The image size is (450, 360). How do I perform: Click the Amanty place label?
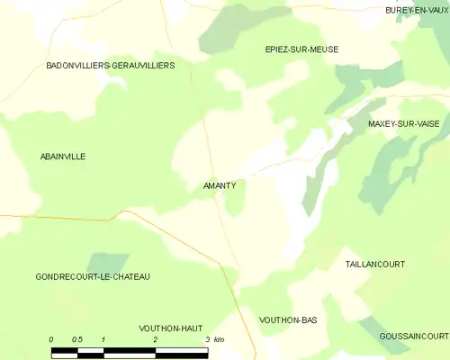[220, 186]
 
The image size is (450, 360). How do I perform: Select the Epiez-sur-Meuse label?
[301, 49]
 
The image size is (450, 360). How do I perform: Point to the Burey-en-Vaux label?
[417, 10]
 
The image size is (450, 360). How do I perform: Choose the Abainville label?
[63, 157]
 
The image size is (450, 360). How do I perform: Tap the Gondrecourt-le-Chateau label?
[93, 276]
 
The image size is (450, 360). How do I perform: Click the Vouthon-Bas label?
[288, 319]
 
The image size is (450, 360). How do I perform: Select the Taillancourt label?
[375, 265]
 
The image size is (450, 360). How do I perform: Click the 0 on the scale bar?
[52, 339]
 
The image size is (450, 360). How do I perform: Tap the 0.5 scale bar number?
[77, 339]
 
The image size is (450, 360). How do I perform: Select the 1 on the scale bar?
[104, 339]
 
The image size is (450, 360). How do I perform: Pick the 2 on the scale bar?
[156, 339]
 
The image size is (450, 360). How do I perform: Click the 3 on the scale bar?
[207, 339]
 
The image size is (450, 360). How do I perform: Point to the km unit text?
[219, 339]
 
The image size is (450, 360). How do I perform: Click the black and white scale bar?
[130, 351]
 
